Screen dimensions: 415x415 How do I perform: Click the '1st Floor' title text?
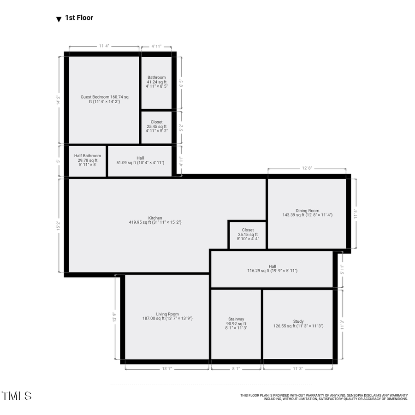pyautogui.click(x=79, y=18)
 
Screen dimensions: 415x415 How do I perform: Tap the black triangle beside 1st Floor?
pyautogui.click(x=59, y=19)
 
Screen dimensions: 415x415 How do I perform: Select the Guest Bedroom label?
pyautogui.click(x=104, y=99)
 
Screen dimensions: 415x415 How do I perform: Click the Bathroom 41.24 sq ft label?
pyautogui.click(x=156, y=82)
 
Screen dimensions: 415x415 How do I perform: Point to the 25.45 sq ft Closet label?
pyautogui.click(x=156, y=126)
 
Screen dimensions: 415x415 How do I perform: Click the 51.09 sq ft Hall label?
pyautogui.click(x=140, y=160)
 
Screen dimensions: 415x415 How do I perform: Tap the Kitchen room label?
pyautogui.click(x=155, y=220)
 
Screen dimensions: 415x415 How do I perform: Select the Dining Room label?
pyautogui.click(x=307, y=213)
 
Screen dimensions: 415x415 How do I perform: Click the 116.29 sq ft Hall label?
pyautogui.click(x=272, y=268)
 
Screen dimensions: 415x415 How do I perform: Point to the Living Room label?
pyautogui.click(x=167, y=316)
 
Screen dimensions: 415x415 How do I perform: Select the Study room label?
pyautogui.click(x=298, y=324)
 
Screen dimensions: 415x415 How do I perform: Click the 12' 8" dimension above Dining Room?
pyautogui.click(x=307, y=169)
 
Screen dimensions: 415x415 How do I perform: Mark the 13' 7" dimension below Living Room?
pyautogui.click(x=167, y=368)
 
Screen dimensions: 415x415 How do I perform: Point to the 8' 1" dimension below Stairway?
pyautogui.click(x=236, y=368)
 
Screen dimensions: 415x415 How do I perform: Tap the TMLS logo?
pyautogui.click(x=17, y=396)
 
